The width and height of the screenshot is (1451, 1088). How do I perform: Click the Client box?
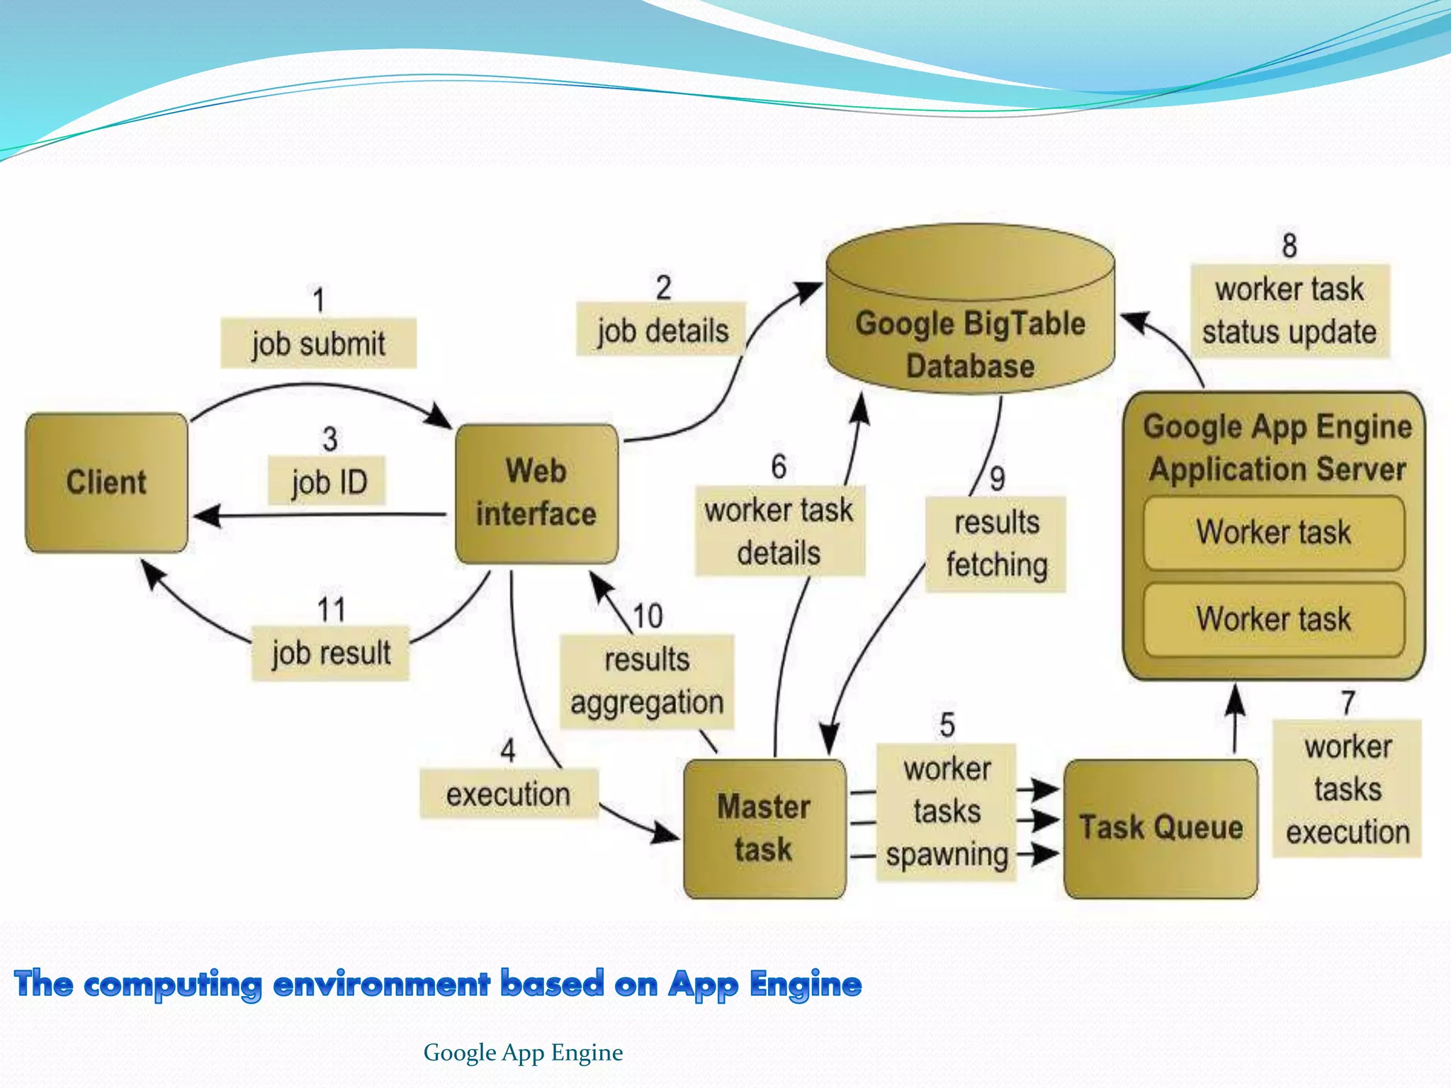(106, 483)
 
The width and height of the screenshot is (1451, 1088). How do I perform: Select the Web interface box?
(536, 494)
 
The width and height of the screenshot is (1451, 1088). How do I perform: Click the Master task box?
(764, 829)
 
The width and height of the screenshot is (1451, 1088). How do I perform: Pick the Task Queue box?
(1161, 829)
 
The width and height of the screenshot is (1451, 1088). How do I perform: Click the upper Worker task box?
(1273, 533)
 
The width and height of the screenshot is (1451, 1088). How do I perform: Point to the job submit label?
(318, 344)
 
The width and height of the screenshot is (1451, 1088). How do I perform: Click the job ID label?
(327, 482)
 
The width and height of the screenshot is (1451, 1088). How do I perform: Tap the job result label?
(330, 652)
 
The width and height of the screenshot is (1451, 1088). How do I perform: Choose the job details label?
(662, 330)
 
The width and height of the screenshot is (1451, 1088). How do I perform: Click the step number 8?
(1289, 246)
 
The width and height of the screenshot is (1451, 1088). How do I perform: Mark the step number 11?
(331, 610)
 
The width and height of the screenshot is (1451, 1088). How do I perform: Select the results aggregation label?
(646, 681)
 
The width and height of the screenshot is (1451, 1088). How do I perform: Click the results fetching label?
(995, 544)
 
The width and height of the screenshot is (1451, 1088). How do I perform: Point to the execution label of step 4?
(508, 794)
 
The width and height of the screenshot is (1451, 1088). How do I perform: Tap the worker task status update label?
(1289, 311)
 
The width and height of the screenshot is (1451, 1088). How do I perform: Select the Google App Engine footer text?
(523, 1053)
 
